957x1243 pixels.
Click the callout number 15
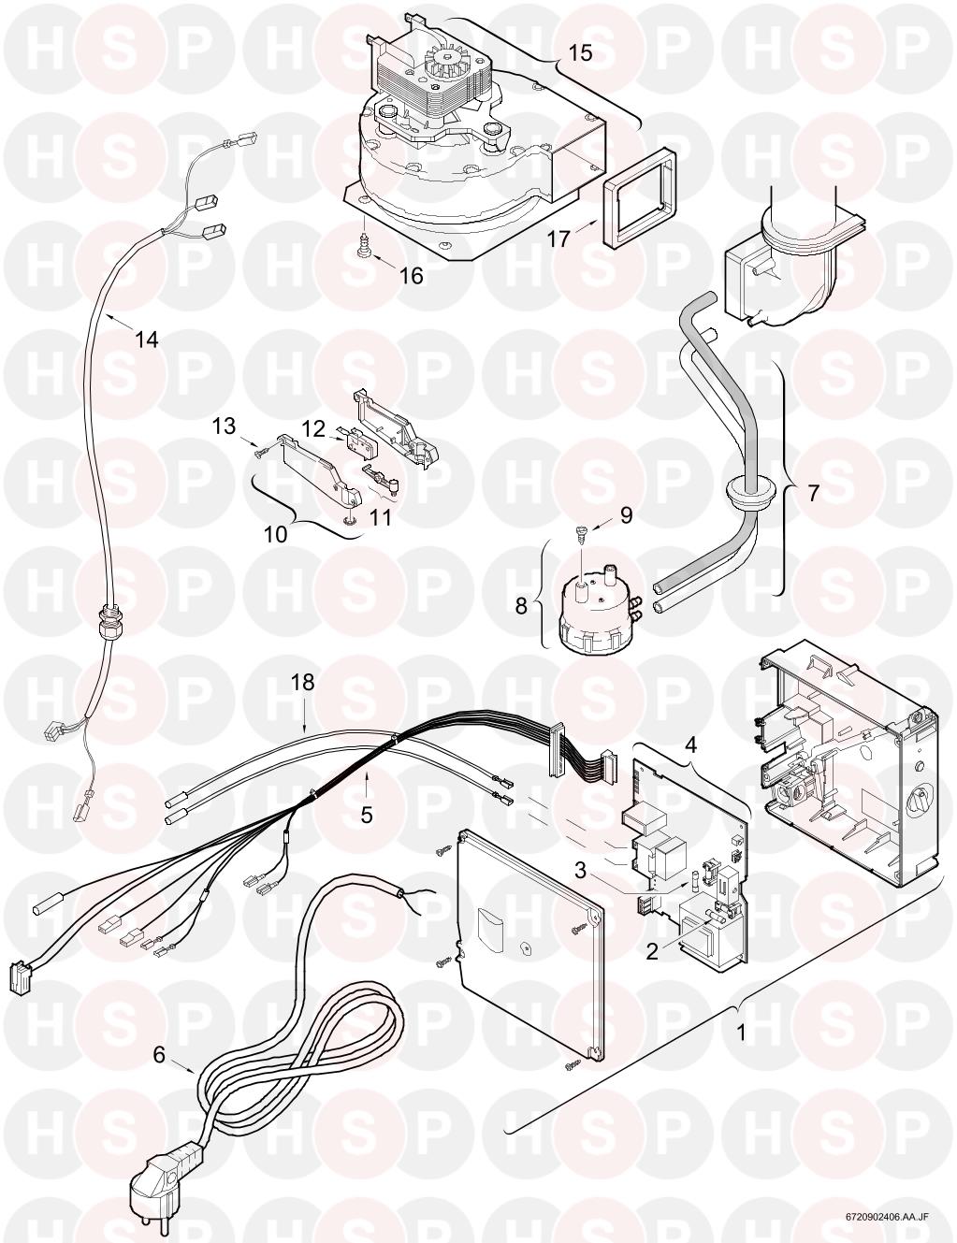[581, 52]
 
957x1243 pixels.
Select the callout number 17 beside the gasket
[558, 239]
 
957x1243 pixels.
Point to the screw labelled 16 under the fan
[361, 247]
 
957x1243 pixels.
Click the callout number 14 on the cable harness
[145, 340]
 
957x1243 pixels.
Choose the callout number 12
[313, 428]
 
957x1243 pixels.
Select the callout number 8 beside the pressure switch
[521, 605]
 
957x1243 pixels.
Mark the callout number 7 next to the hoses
[813, 493]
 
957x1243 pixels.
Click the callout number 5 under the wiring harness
[367, 815]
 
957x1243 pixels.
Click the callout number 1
[742, 1034]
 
